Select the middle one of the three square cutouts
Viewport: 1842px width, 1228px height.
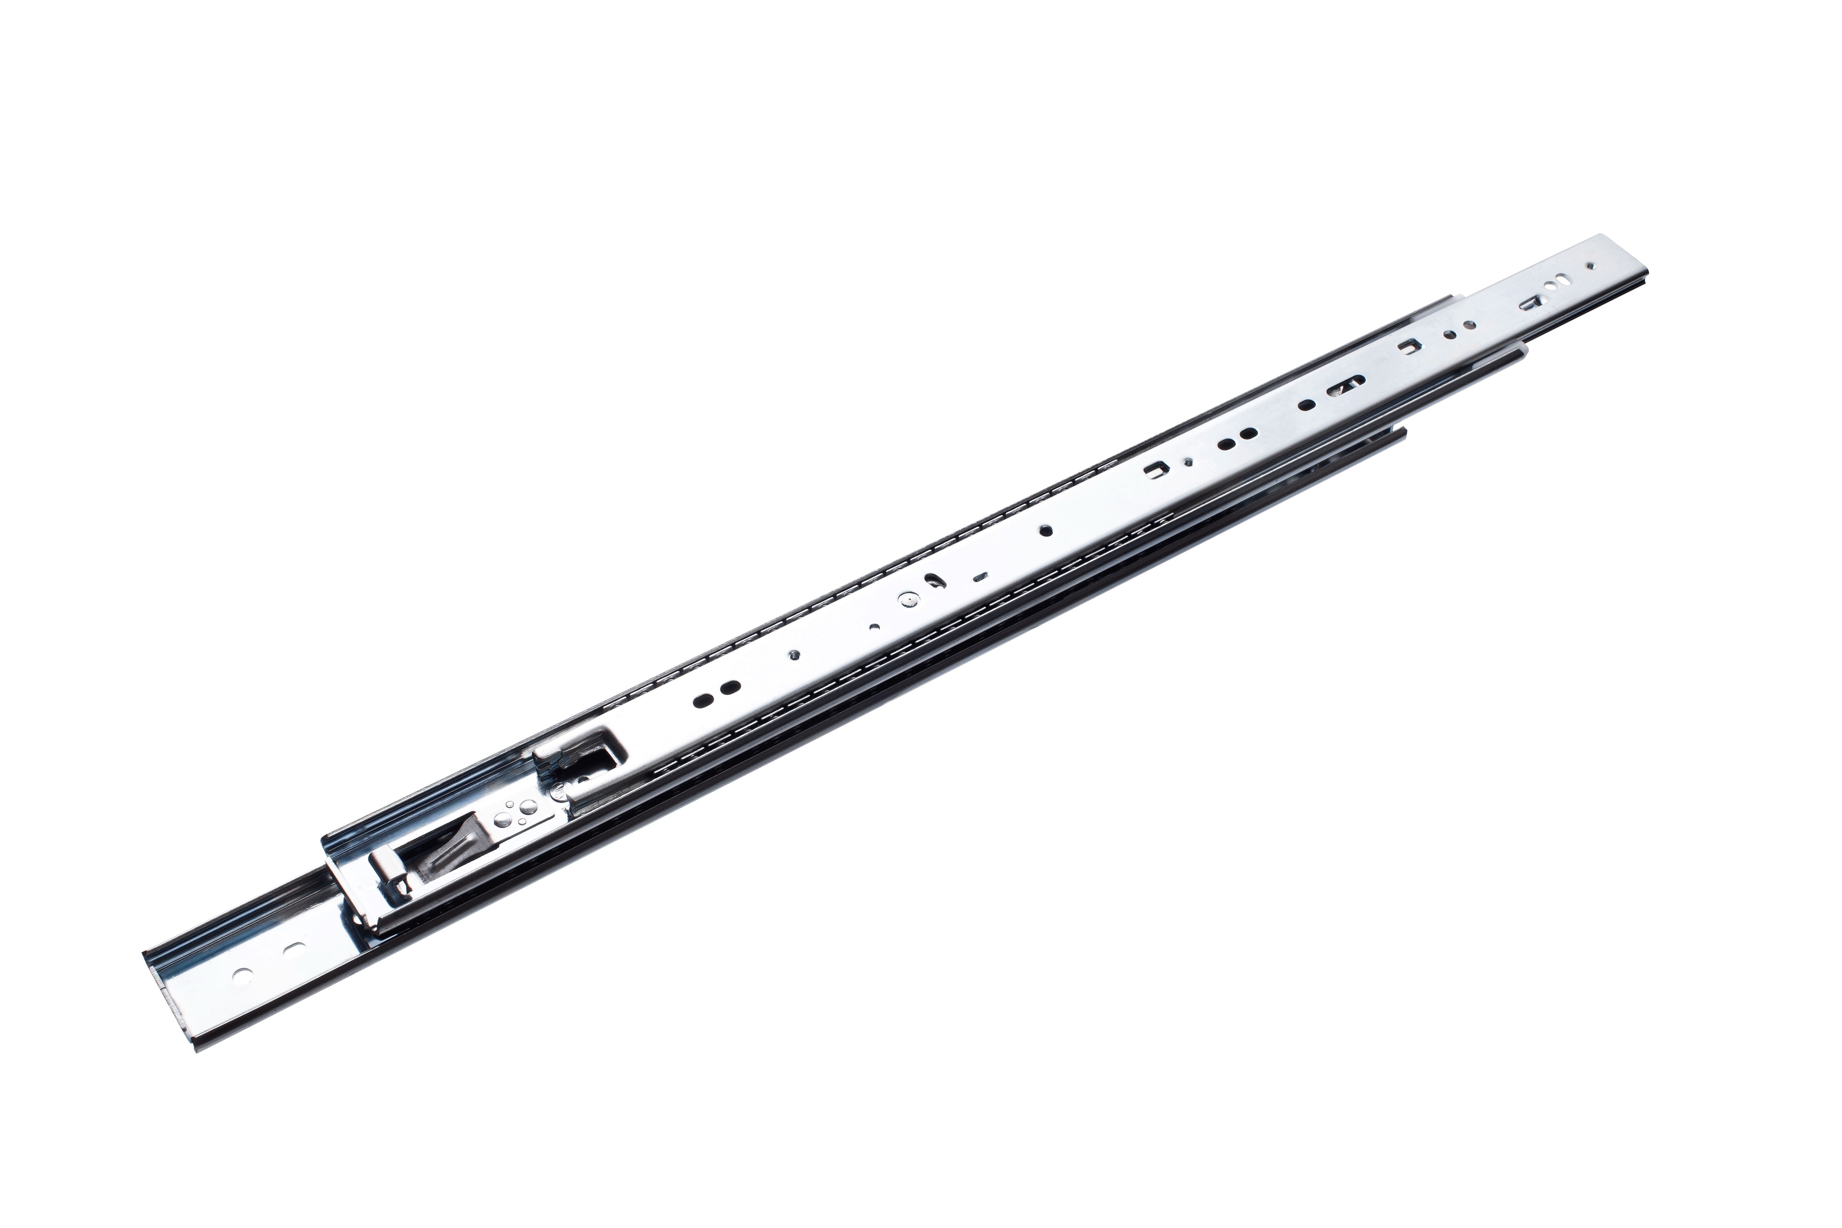pyautogui.click(x=1409, y=345)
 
